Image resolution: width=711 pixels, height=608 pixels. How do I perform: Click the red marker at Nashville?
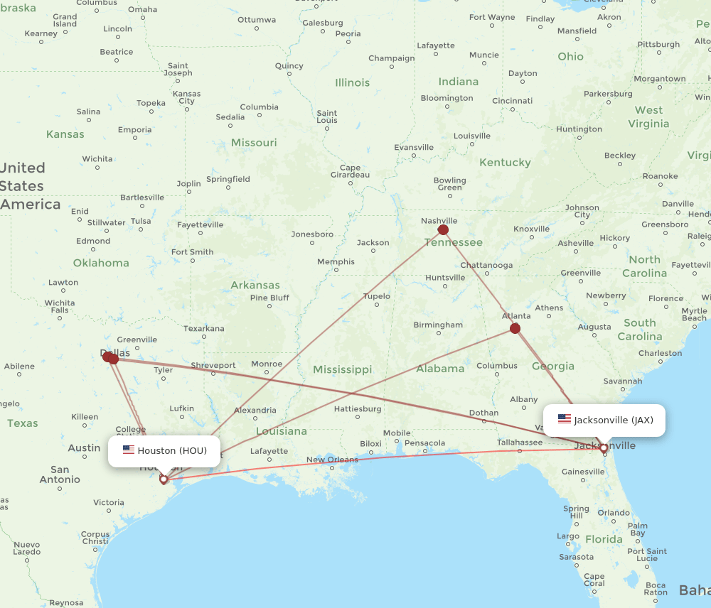(444, 229)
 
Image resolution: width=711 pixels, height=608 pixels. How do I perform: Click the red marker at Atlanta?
(515, 328)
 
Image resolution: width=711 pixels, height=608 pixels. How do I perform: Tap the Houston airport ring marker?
(164, 479)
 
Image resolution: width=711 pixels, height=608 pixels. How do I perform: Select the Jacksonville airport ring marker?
(604, 448)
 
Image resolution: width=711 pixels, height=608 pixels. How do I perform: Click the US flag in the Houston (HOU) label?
(129, 450)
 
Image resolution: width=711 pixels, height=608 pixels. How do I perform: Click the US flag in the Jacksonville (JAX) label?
(565, 420)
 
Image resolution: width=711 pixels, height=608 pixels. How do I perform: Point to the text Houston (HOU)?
(172, 450)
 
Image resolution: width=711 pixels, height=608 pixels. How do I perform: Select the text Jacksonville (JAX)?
(613, 420)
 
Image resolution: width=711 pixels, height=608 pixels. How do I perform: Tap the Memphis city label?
(336, 262)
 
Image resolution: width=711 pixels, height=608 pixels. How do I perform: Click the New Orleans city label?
(332, 460)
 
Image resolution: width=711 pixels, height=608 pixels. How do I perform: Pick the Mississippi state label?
(342, 369)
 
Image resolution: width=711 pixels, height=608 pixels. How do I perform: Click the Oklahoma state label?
(101, 263)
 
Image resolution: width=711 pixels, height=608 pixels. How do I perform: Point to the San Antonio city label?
(60, 474)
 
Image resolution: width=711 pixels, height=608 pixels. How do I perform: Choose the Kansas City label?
(186, 97)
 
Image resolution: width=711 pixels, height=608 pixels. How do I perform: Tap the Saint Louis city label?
(326, 116)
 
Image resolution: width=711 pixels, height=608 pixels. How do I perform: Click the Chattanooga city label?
(486, 265)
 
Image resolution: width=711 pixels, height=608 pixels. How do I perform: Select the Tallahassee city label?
(520, 442)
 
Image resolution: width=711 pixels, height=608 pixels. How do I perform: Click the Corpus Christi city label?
(95, 538)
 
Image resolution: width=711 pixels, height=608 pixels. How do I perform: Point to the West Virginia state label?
(648, 116)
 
